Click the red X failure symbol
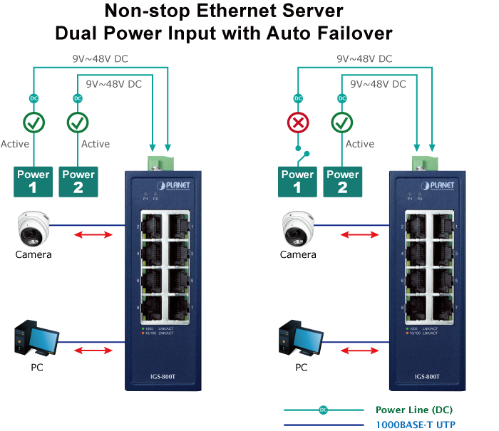click(298, 123)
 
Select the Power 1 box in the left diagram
click(34, 181)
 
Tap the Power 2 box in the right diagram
click(342, 181)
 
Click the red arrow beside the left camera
click(93, 235)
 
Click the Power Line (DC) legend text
click(414, 410)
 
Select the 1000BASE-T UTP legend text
click(414, 425)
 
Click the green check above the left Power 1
click(33, 123)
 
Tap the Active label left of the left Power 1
click(15, 144)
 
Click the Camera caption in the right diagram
click(298, 254)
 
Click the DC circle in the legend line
click(323, 410)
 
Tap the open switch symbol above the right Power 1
click(302, 155)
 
